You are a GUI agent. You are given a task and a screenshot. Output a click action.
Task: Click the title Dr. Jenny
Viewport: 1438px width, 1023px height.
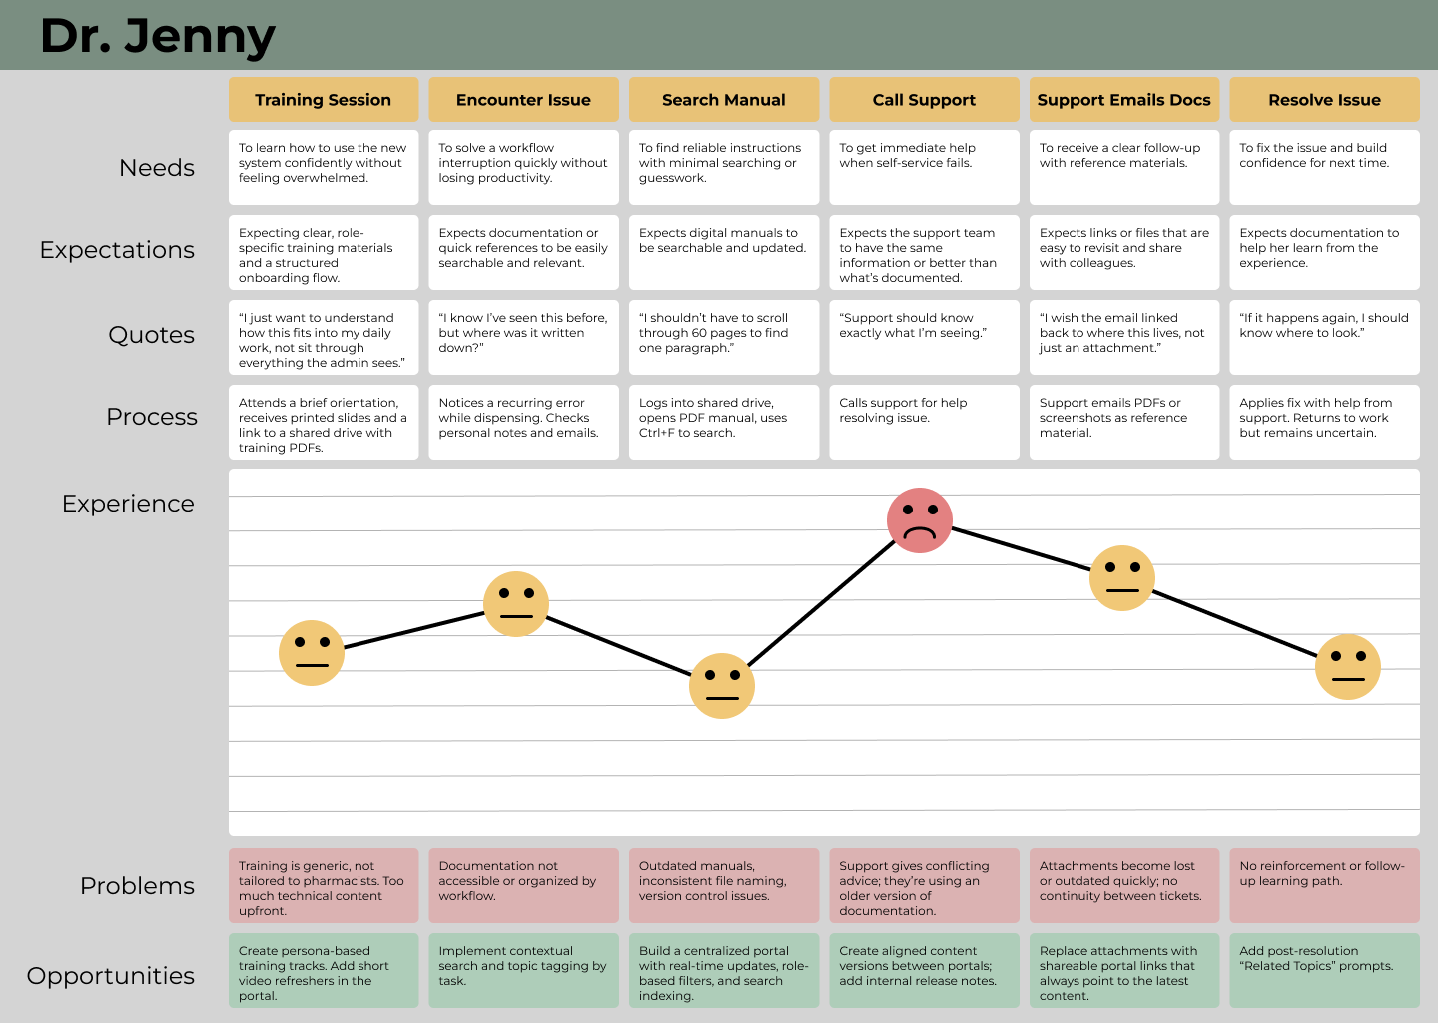[157, 36]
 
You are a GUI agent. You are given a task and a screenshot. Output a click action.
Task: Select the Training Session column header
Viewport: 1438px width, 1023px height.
[324, 100]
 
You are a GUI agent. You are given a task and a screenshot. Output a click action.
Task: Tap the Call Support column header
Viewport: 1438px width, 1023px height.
[924, 100]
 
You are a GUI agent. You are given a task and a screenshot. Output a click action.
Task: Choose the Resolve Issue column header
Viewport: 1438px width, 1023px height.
[1324, 100]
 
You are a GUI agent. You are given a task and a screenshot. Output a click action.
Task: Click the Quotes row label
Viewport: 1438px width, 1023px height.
[151, 335]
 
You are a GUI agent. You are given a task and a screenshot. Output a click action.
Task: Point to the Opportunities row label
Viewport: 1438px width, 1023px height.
[111, 976]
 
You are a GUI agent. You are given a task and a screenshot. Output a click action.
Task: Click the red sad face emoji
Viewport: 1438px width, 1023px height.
[920, 520]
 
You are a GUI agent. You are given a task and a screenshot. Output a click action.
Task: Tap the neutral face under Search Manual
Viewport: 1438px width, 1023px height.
[722, 686]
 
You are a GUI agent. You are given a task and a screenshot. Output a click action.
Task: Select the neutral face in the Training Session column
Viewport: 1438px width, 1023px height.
[312, 653]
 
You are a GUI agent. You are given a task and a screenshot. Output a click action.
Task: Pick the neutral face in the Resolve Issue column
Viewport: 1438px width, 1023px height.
[1348, 667]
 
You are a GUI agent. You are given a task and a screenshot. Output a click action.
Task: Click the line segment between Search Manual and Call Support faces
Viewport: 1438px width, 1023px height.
[821, 603]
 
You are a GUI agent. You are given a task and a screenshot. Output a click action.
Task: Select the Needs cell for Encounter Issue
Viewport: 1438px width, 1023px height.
[523, 167]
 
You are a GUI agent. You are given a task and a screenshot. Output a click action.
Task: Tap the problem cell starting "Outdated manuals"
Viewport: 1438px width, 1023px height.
[724, 885]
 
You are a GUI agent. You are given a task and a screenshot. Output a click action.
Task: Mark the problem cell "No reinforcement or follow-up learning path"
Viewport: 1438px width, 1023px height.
[1324, 885]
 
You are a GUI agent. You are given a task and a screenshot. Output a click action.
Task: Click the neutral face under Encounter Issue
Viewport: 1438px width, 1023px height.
[516, 604]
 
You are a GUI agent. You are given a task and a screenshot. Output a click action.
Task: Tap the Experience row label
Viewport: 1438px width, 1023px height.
[128, 504]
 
